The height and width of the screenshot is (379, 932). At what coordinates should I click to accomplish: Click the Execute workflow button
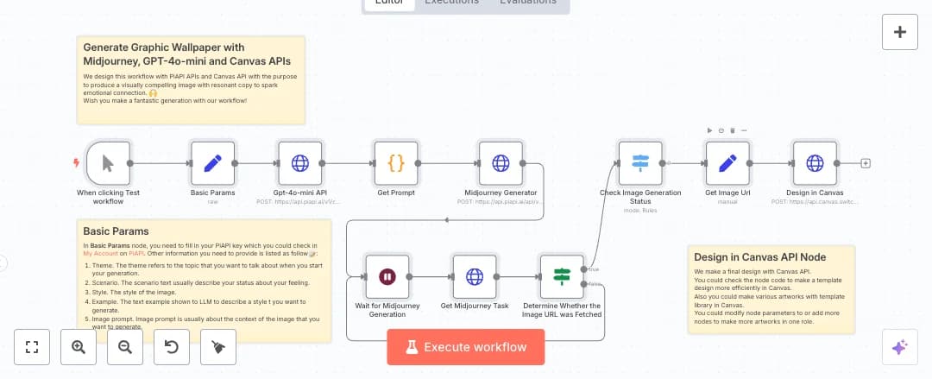pos(467,347)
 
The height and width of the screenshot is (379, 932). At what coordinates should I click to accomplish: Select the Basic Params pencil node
pos(212,163)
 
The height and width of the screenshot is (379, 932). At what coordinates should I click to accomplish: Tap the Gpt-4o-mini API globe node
pos(299,163)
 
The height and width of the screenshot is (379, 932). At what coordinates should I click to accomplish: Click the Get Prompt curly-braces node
pos(396,163)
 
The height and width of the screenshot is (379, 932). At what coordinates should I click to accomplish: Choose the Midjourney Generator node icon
pos(501,163)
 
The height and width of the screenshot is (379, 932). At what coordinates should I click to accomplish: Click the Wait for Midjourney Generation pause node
pos(387,276)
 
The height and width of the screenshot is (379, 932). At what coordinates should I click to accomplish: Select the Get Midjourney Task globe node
pos(474,276)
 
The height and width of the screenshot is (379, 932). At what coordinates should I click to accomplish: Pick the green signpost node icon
pos(562,276)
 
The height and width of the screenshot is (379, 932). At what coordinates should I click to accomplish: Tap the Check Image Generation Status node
pos(640,163)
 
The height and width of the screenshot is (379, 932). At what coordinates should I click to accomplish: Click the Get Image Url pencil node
pos(727,163)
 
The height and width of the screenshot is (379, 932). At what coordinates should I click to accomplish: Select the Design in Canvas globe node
pos(815,163)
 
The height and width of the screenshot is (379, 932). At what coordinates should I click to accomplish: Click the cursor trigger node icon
pos(108,163)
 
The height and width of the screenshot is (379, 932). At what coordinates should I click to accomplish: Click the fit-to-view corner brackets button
pos(33,347)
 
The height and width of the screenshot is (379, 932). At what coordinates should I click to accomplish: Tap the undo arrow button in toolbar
pos(171,347)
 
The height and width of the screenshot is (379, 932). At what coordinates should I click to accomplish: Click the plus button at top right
pos(900,33)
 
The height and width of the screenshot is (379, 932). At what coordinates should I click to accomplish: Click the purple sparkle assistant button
pos(900,347)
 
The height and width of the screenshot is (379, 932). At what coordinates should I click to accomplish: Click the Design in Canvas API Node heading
pos(759,256)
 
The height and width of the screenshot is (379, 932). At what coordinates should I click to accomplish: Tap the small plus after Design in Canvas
pos(866,163)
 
